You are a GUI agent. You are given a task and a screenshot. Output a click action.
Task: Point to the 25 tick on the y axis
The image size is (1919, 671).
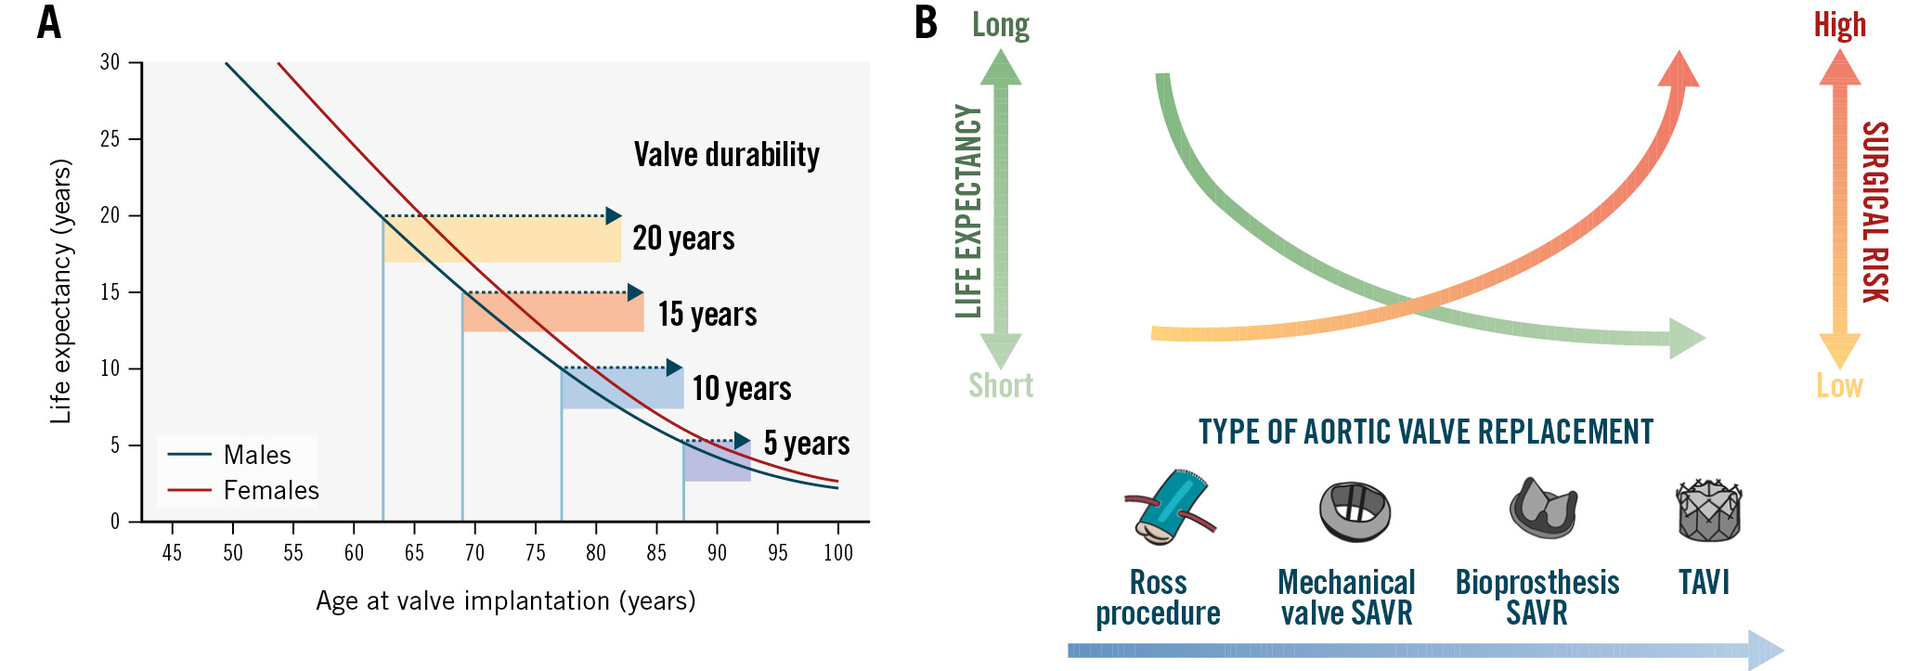point(110,139)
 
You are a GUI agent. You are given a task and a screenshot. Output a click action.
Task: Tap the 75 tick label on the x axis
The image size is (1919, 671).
point(535,553)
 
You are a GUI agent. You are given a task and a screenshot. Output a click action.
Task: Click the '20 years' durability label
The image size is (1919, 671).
point(683,239)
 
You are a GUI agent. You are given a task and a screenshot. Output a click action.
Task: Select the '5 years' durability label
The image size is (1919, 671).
point(806,443)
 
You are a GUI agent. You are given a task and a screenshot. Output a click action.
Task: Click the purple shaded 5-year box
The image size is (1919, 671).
point(717,461)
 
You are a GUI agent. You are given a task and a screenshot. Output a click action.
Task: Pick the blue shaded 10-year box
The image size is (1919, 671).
point(622,389)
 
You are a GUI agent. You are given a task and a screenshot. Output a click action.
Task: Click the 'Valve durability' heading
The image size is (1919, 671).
point(726,154)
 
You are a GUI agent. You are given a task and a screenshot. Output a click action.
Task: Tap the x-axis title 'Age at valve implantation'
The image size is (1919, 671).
point(505,601)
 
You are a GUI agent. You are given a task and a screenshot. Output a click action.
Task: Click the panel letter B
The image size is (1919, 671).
point(926,23)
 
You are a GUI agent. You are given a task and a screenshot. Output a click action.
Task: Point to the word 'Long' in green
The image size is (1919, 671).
point(1000,25)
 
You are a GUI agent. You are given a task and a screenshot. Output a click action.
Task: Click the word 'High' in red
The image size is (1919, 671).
point(1839,25)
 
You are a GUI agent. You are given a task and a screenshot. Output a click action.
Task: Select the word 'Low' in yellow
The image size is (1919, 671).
point(1839,385)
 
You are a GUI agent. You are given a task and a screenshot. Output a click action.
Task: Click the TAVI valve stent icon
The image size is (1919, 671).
point(1707,510)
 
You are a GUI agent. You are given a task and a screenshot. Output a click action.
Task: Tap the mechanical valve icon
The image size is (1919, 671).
point(1355,510)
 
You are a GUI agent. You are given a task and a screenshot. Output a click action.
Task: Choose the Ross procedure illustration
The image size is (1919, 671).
point(1168,507)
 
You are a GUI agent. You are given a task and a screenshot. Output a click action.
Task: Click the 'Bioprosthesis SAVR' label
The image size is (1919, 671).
point(1536,597)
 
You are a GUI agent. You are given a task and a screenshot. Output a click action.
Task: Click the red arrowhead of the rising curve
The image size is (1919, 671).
point(1679,71)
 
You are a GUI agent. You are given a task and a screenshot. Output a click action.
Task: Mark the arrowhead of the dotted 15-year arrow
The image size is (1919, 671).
point(635,292)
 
